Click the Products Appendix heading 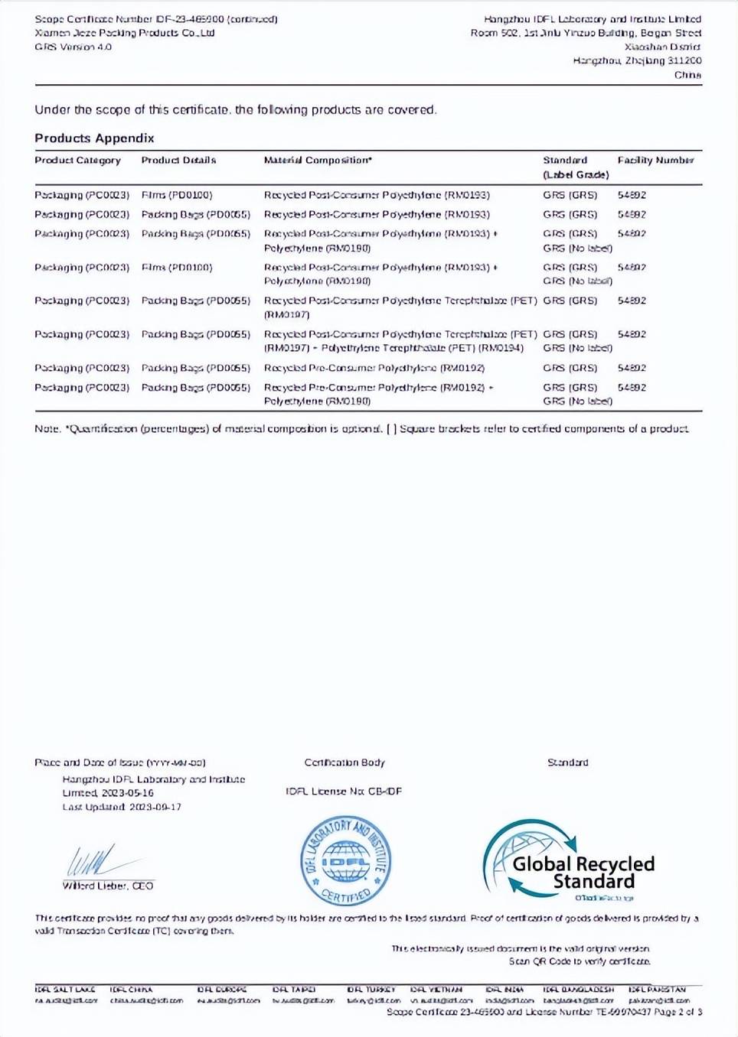point(94,138)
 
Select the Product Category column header point(77,161)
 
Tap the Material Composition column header point(318,161)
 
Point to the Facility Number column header point(655,161)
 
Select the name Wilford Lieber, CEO point(108,886)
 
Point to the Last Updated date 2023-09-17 point(122,807)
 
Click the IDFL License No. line point(344,792)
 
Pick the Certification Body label point(345,762)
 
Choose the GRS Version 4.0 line point(73,47)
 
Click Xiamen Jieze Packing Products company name point(124,33)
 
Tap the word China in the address point(687,75)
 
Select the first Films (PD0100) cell point(177,195)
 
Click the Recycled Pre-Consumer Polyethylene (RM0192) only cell point(374,368)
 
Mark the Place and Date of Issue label point(119,762)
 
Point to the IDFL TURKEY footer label point(371,990)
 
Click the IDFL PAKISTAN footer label point(657,990)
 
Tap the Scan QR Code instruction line point(580,961)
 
